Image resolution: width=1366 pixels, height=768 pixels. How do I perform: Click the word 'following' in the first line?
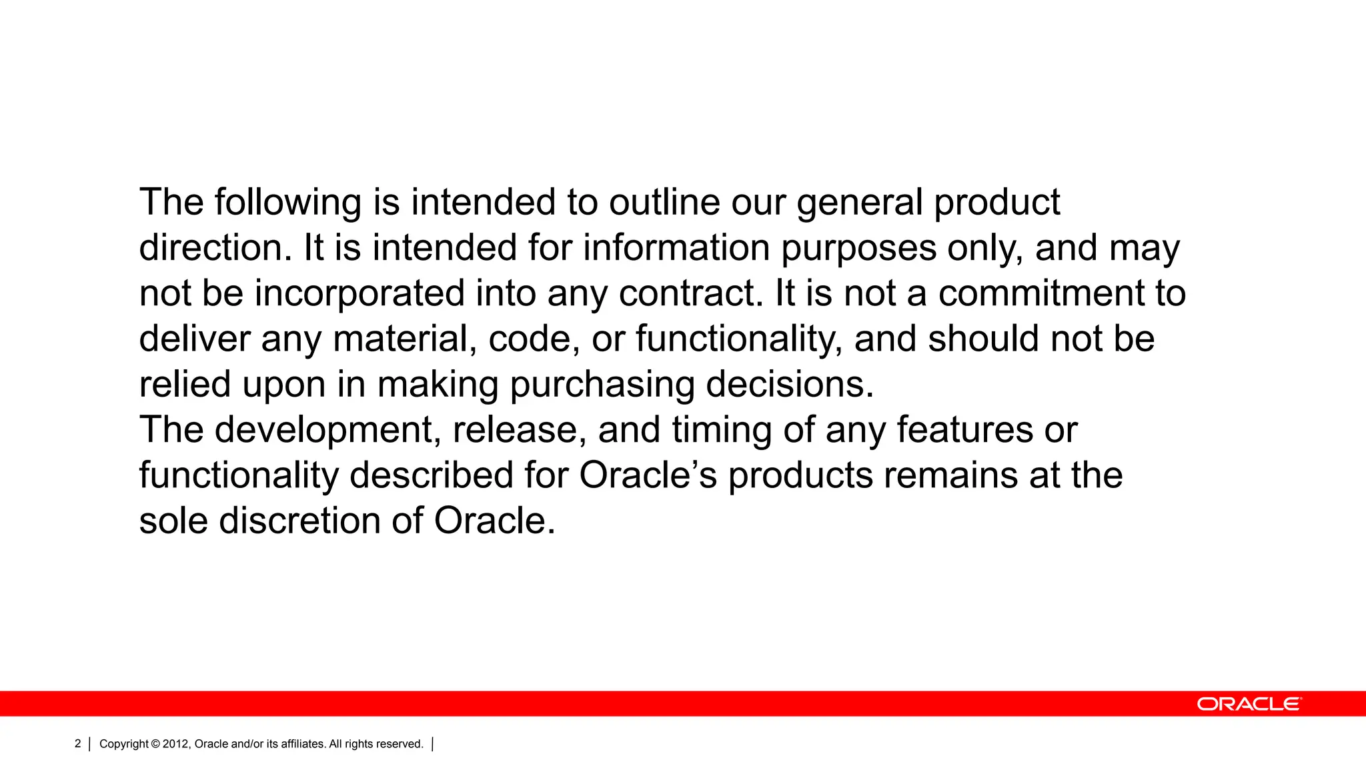pos(287,203)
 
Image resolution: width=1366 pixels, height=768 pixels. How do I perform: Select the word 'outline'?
pos(664,203)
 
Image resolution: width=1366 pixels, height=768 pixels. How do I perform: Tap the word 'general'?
pos(860,203)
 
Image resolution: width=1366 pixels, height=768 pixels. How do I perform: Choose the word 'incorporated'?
pos(360,294)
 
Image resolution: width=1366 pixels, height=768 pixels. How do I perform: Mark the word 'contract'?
pos(690,294)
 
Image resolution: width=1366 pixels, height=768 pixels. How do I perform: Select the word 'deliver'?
pos(194,339)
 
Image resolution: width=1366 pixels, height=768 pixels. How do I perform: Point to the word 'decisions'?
pos(789,385)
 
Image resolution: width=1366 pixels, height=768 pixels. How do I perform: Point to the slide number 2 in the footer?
pos(78,744)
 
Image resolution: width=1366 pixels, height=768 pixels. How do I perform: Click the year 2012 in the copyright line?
pos(176,744)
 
